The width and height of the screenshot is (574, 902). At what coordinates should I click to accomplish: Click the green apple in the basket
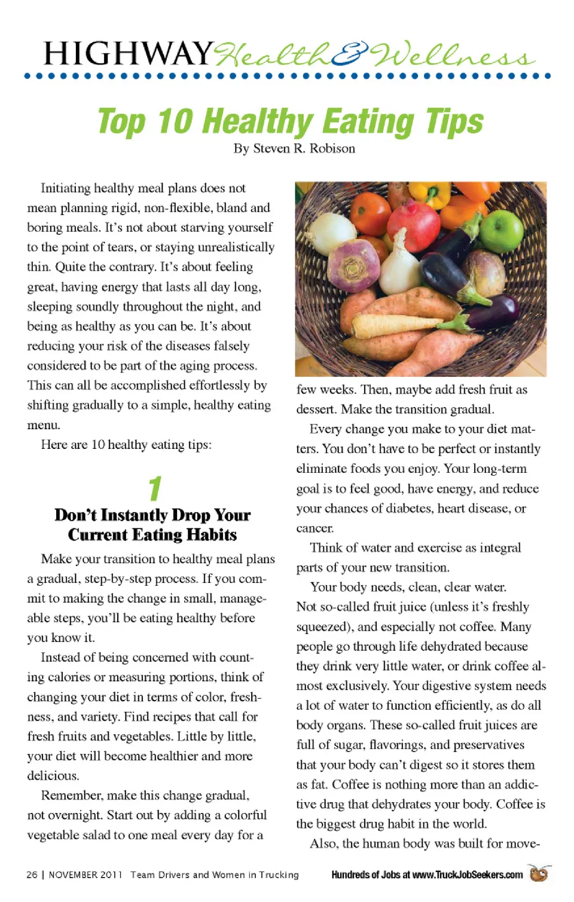point(502,231)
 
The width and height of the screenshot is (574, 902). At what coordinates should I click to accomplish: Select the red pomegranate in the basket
point(414,225)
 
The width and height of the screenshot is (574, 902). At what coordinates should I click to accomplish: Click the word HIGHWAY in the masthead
point(129,54)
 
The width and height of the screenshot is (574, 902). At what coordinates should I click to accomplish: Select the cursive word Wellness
point(452,56)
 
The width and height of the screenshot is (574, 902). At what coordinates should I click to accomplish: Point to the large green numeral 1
point(155,488)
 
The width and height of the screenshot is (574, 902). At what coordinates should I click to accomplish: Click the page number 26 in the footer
point(32,875)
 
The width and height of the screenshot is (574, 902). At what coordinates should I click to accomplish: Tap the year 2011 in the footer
point(111,875)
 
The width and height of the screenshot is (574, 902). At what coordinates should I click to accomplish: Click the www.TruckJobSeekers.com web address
point(467,875)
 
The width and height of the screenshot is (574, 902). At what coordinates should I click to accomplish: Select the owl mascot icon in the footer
point(539,873)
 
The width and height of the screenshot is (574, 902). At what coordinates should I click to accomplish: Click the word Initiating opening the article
point(65,188)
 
